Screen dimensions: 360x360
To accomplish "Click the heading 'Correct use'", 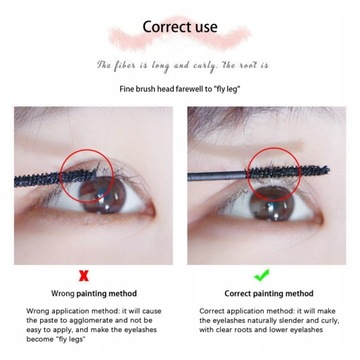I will (x=180, y=27).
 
